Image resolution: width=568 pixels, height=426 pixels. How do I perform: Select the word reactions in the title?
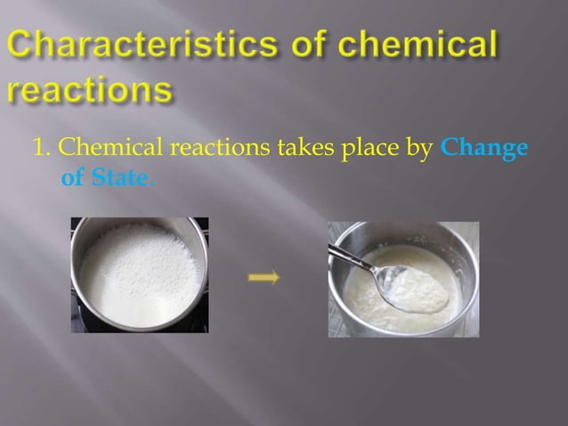(89, 90)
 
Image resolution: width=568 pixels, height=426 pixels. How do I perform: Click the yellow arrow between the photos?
(264, 278)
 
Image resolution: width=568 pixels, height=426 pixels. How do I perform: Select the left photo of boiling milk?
(139, 274)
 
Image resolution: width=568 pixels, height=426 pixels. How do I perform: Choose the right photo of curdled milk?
(403, 278)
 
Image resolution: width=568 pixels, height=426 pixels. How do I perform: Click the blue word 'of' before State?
(72, 177)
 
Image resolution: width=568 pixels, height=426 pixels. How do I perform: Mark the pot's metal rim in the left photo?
(201, 258)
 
